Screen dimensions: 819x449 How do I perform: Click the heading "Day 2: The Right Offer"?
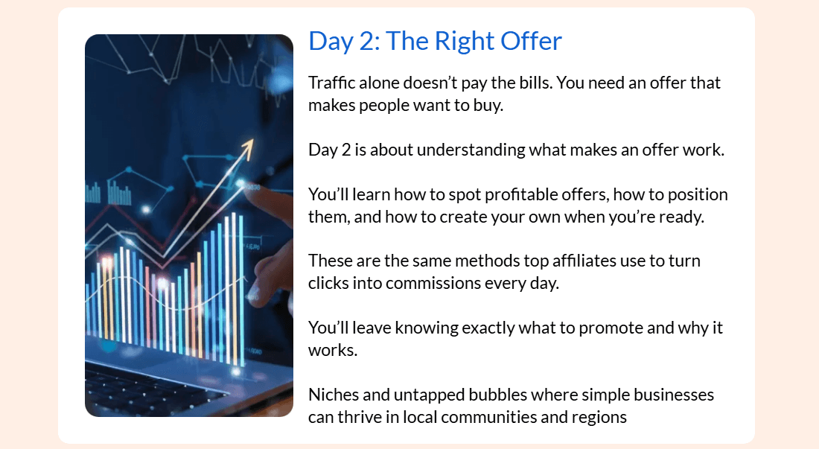(x=435, y=41)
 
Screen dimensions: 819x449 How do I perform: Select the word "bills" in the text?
(x=535, y=83)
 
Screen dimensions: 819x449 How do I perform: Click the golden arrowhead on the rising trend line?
(x=247, y=147)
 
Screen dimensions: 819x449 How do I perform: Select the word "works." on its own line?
(x=333, y=350)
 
